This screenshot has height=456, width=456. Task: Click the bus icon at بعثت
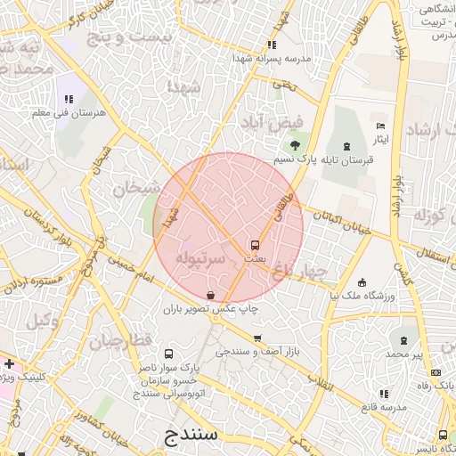(x=256, y=244)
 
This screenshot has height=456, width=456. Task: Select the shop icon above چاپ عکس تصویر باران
(x=210, y=295)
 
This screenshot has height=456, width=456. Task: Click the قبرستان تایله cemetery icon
(x=346, y=145)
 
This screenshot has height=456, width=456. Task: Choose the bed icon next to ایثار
(x=380, y=126)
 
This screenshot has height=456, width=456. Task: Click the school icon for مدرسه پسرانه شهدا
(x=272, y=43)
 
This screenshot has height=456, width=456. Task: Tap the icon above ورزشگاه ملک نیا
(x=362, y=283)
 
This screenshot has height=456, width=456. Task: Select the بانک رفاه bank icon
(x=435, y=372)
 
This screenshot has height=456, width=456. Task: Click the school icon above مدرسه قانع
(x=383, y=393)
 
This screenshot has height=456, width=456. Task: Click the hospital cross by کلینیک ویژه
(x=9, y=364)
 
